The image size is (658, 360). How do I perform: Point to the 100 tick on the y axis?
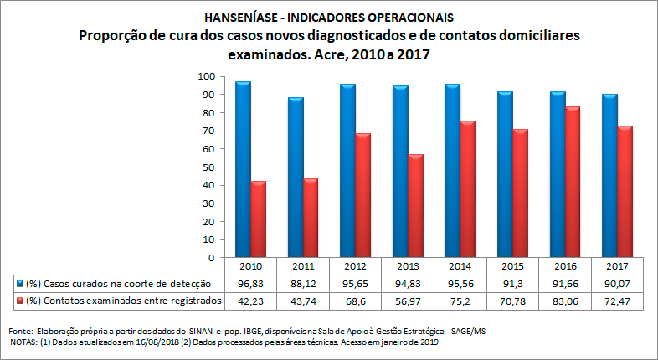click(x=207, y=76)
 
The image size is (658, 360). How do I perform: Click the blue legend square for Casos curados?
click(x=20, y=284)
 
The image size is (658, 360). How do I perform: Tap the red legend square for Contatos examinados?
click(x=20, y=300)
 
